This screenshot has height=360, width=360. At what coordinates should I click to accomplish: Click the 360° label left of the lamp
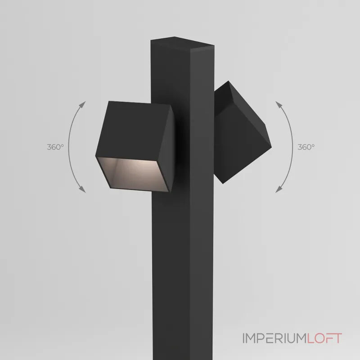click(55, 147)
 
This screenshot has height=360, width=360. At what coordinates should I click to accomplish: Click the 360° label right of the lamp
click(306, 147)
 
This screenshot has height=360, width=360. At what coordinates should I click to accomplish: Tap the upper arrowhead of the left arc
click(82, 104)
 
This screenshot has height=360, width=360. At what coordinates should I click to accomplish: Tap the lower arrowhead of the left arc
click(82, 189)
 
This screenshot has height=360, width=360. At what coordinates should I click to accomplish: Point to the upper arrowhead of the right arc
click(279, 104)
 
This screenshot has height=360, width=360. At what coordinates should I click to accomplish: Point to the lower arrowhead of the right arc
click(279, 189)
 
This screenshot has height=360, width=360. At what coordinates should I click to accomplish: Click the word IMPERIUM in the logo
click(275, 338)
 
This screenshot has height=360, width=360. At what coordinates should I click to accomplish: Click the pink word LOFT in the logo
click(324, 338)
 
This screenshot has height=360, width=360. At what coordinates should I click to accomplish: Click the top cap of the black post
click(183, 42)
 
